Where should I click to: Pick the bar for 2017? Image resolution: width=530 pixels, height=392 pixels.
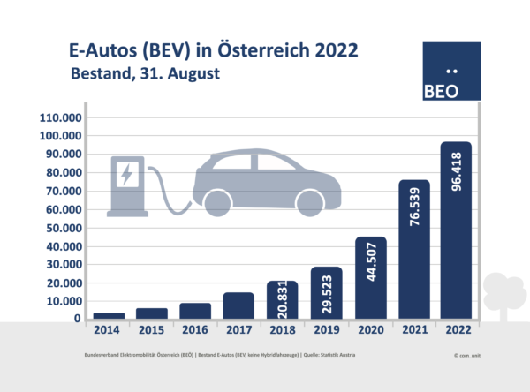click(x=238, y=305)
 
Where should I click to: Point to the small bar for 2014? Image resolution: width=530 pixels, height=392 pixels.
click(x=108, y=315)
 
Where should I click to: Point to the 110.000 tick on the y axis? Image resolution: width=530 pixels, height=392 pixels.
click(x=61, y=117)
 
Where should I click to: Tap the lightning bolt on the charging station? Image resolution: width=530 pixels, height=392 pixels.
click(x=125, y=174)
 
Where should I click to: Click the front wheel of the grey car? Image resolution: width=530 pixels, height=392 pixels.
click(x=309, y=202)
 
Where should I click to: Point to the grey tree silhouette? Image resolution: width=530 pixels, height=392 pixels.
click(x=503, y=296)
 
